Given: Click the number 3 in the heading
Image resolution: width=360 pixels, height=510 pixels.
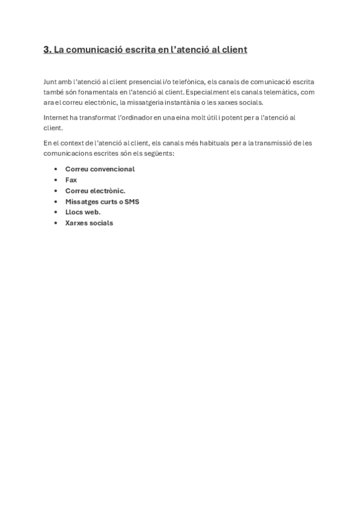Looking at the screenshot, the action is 46,50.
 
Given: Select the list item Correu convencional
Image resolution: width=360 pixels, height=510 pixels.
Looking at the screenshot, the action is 100,169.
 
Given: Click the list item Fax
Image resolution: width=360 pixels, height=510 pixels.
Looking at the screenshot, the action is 71,180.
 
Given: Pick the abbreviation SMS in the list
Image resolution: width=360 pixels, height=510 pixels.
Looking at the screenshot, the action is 132,201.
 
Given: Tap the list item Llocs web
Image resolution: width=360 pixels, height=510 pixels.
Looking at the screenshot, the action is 82,212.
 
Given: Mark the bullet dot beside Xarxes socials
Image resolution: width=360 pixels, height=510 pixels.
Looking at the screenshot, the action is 56,223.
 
